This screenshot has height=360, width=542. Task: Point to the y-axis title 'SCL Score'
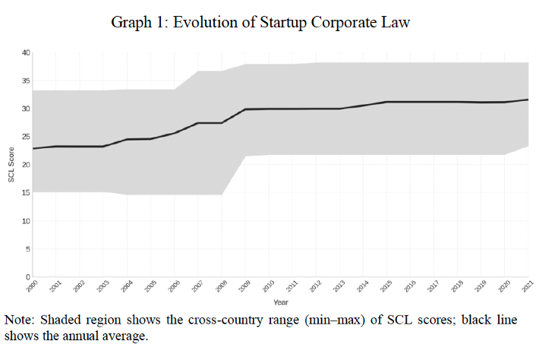click(11, 165)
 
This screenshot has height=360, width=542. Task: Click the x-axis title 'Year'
click(280, 302)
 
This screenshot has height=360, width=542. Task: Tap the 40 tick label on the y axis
click(25, 52)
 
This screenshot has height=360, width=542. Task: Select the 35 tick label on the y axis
click(25, 81)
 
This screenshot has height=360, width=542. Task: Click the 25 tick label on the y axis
click(25, 137)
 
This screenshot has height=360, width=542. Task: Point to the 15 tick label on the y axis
click(25, 193)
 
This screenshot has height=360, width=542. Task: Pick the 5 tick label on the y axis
click(27, 249)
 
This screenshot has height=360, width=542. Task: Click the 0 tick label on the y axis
click(27, 276)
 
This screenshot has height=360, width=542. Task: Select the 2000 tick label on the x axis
click(31, 287)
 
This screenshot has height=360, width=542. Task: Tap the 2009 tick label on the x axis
click(244, 287)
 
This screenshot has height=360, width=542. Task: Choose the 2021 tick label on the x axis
click(527, 287)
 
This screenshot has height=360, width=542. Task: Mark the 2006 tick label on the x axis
click(173, 287)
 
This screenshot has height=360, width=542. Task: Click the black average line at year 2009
click(245, 109)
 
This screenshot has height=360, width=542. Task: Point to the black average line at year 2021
click(528, 99)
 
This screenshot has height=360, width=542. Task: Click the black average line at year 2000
click(33, 148)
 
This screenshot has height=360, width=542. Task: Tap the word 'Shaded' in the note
click(63, 320)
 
